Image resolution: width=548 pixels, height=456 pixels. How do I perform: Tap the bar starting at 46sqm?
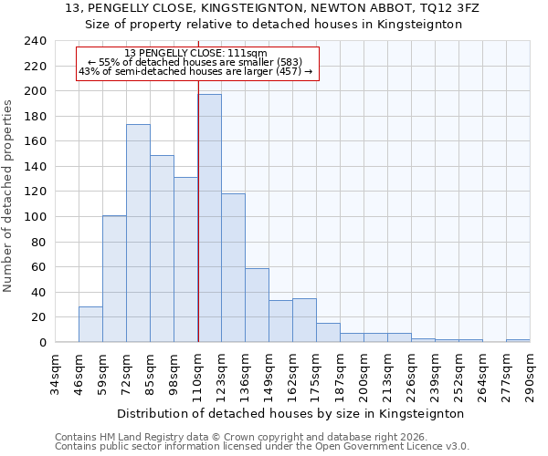pyautogui.click(x=90, y=325)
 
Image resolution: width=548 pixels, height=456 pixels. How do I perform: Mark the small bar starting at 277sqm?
pyautogui.click(x=517, y=340)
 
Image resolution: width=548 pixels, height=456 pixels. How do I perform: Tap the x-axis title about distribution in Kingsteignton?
pyautogui.click(x=291, y=413)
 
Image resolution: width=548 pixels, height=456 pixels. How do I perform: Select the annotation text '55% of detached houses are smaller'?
pyautogui.click(x=195, y=62)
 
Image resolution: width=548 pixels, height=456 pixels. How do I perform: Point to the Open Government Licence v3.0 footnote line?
pyautogui.click(x=262, y=446)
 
